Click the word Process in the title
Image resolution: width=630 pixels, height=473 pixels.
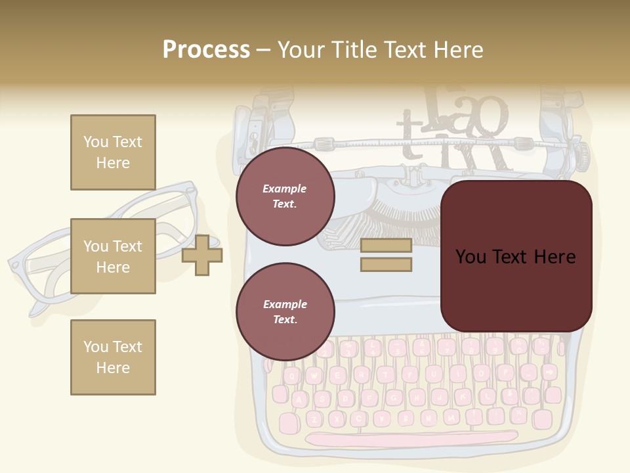pyautogui.click(x=206, y=49)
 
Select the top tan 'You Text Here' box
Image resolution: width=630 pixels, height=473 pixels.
pyautogui.click(x=113, y=152)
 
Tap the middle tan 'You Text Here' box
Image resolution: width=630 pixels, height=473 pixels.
pyautogui.click(x=113, y=256)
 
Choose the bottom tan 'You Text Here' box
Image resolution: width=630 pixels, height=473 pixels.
pyautogui.click(x=113, y=357)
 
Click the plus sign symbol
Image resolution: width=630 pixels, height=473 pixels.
pyautogui.click(x=202, y=255)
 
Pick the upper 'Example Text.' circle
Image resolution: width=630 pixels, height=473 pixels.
pyautogui.click(x=285, y=196)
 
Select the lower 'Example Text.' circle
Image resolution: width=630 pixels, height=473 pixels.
pyautogui.click(x=285, y=312)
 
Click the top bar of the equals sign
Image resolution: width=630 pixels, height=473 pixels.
pyautogui.click(x=386, y=246)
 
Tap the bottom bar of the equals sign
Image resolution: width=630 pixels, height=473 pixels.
pyautogui.click(x=386, y=265)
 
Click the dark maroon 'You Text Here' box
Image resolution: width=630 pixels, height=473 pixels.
pyautogui.click(x=516, y=256)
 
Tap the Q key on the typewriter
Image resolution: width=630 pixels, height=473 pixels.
pyautogui.click(x=293, y=376)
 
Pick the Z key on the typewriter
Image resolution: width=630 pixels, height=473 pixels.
pyautogui.click(x=314, y=418)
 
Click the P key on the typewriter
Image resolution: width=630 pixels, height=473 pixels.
pyautogui.click(x=505, y=372)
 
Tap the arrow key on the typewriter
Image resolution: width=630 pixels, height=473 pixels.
pyautogui.click(x=548, y=372)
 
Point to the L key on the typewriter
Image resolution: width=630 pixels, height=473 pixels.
pyautogui.click(x=486, y=396)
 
